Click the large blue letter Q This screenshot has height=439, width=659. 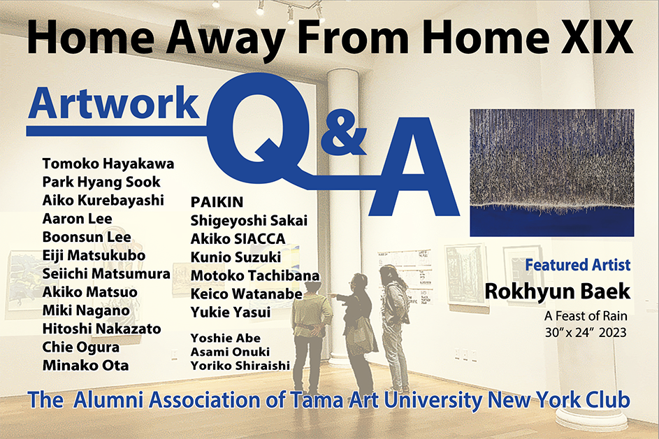257,128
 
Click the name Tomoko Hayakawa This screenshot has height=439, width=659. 108,164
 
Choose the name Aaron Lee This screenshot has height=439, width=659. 78,219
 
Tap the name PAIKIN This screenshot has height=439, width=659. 217,202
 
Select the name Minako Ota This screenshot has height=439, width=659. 86,366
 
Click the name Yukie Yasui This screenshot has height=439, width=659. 231,312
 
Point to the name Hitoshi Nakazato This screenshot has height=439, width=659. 102,329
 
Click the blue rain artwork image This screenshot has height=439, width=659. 552,173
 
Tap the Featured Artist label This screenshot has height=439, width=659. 578,265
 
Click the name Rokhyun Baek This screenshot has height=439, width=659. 558,292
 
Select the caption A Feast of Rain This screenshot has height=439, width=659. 586,316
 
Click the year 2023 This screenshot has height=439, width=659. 613,333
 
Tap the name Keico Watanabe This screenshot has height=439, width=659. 247,294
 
